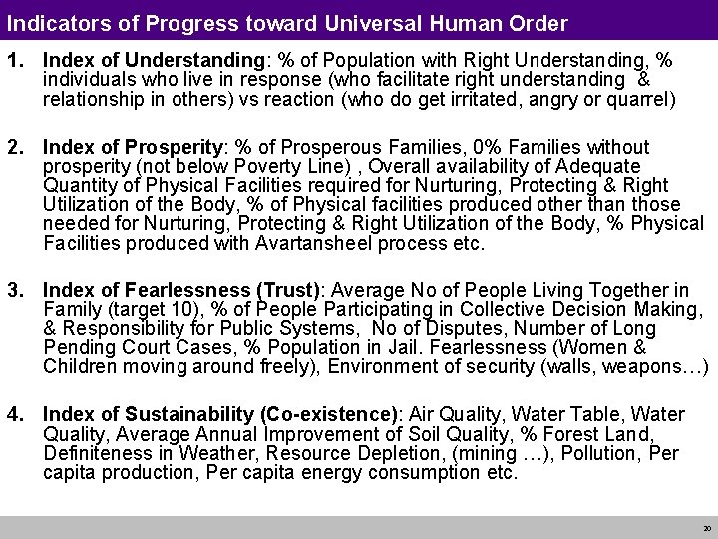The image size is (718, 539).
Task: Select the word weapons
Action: click(x=644, y=367)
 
